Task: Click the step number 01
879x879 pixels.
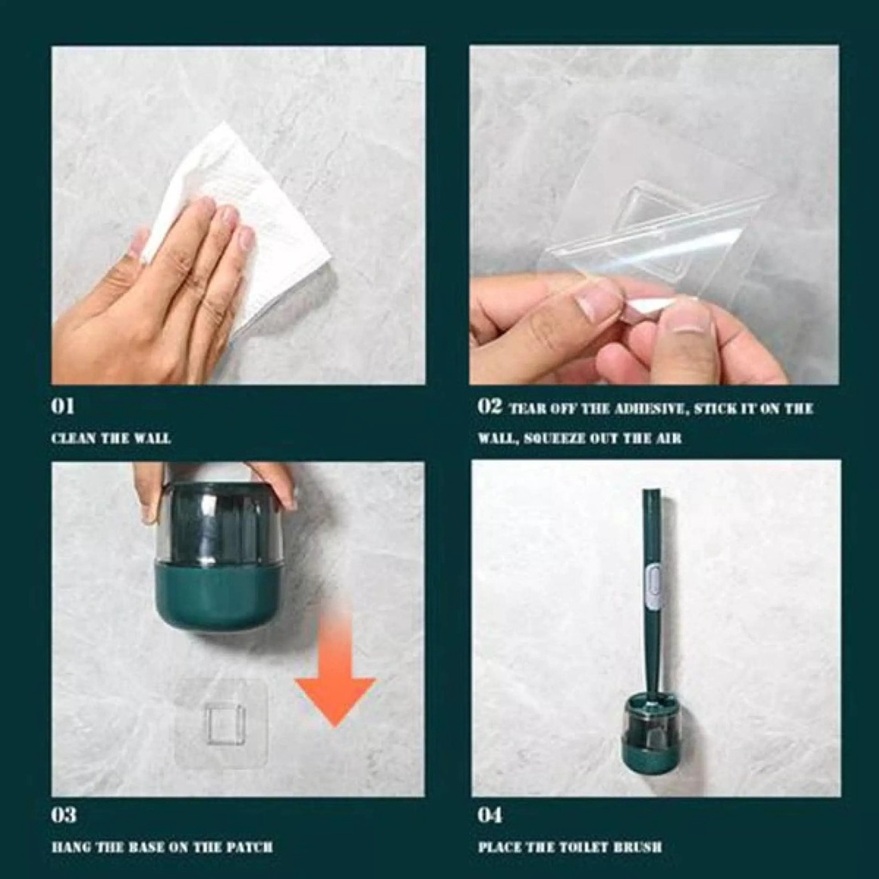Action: coord(63,406)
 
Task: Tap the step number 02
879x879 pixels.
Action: coord(489,406)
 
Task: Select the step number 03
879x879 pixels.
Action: coord(64,815)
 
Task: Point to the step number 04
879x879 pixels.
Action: coord(490,815)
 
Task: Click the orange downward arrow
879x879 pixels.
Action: coord(335,678)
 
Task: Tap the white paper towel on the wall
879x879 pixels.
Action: coord(258,215)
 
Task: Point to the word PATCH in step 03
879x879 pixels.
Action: coord(252,846)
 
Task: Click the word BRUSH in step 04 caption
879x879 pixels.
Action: coord(639,846)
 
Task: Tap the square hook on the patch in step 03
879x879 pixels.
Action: coord(224,724)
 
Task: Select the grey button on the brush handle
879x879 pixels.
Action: coord(653,589)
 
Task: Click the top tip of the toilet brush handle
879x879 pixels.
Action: coord(651,494)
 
